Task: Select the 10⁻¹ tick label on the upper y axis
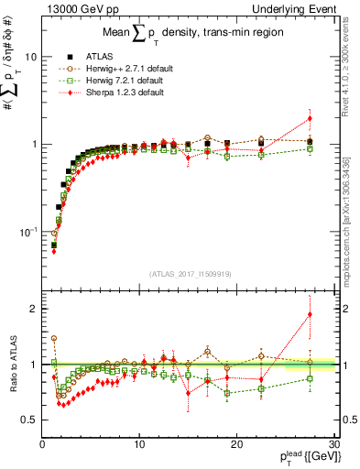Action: [x=27, y=232]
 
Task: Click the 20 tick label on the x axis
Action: [x=236, y=444]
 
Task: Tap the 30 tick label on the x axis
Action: [x=333, y=444]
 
